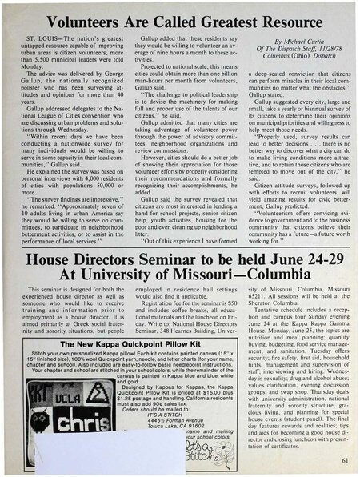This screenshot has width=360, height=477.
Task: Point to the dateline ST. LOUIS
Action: pyautogui.click(x=42, y=38)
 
